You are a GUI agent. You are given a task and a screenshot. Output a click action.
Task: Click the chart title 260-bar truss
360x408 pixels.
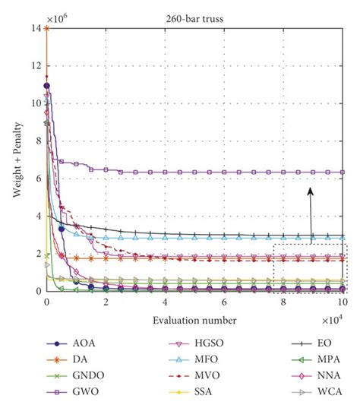[194, 19]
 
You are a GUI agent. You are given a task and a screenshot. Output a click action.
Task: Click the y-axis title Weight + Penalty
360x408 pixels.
[17, 160]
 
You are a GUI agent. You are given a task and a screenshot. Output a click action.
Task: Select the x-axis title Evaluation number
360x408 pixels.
[194, 321]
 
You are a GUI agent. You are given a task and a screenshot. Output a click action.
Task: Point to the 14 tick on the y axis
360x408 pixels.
[36, 28]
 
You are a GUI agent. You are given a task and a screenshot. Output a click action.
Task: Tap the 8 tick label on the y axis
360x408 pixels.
[39, 141]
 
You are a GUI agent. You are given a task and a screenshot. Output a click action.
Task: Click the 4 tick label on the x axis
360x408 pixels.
[165, 302]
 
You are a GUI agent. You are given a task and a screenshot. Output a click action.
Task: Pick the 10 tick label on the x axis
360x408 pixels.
[343, 302]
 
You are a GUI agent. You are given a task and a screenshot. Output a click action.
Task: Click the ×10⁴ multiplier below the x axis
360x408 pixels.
[333, 320]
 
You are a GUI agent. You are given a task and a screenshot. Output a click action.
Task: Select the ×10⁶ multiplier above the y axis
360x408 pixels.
[57, 18]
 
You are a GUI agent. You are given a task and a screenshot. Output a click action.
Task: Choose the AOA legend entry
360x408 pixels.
[71, 343]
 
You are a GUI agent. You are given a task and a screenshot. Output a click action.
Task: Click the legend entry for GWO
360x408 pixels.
[73, 391]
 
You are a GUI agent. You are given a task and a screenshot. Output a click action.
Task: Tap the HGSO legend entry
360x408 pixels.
[197, 343]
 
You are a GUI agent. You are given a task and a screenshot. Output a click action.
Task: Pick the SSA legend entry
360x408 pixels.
[191, 391]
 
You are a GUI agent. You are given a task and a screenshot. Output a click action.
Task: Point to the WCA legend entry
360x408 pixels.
[317, 391]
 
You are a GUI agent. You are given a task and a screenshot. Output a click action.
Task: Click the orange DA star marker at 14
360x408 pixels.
[47, 28]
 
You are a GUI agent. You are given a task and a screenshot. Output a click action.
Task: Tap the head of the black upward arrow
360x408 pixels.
[310, 191]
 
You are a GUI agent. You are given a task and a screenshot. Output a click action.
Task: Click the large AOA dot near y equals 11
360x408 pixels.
[47, 86]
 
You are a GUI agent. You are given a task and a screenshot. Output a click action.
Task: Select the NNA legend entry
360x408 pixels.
[316, 376]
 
